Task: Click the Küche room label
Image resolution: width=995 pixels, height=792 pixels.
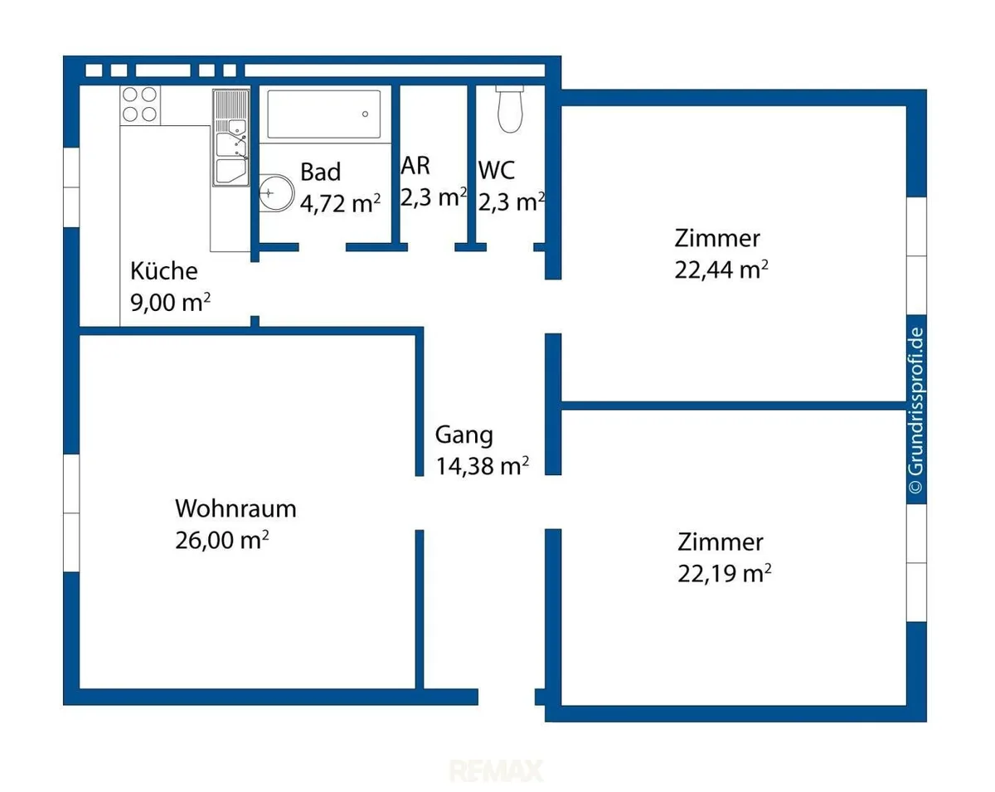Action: tap(163, 270)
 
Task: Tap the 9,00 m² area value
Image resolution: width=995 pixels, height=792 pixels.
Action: tap(170, 303)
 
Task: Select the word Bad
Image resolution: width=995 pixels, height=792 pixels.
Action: tap(320, 172)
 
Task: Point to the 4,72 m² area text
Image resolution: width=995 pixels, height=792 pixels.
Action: tap(340, 203)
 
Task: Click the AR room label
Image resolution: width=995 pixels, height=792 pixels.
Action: tap(415, 166)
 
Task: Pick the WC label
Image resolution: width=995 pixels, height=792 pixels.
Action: tap(496, 170)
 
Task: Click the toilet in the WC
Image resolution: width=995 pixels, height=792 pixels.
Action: tap(510, 109)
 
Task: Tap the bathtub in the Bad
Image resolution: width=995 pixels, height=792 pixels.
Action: tap(323, 114)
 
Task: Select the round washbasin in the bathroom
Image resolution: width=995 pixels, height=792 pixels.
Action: tap(276, 193)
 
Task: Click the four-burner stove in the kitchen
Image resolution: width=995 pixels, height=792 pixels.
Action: tap(140, 105)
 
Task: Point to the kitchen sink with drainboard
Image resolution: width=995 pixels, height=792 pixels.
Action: tap(231, 138)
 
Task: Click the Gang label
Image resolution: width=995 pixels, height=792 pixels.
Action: tap(464, 435)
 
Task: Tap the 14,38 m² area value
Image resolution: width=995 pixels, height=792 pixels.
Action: tap(483, 466)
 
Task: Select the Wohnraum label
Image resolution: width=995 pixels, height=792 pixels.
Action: tap(235, 508)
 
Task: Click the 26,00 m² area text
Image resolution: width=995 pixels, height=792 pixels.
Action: tap(222, 540)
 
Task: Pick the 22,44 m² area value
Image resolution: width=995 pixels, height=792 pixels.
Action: tap(721, 270)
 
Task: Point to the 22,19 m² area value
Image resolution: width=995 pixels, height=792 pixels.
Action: tap(725, 574)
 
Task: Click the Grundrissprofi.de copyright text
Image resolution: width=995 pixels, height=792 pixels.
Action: tap(916, 411)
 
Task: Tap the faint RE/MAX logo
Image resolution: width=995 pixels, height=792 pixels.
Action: tap(497, 771)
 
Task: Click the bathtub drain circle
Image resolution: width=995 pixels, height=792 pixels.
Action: tap(366, 114)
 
